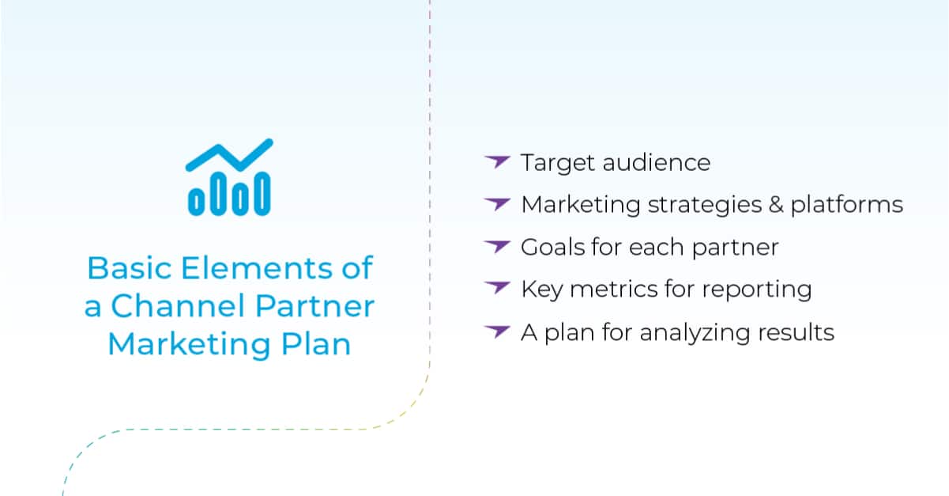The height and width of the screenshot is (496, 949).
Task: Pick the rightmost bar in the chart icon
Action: [x=263, y=194]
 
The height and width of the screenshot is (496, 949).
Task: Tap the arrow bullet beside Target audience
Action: [x=497, y=161]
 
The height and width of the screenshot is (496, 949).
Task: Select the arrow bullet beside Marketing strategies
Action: [x=497, y=204]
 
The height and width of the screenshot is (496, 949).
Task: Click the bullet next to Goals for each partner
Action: [x=497, y=246]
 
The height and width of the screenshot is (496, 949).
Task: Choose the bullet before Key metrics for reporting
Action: [x=497, y=288]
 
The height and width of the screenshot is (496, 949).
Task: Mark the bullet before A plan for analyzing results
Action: [x=497, y=331]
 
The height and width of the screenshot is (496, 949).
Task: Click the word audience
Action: [x=656, y=163]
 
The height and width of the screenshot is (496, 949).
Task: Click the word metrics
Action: [x=613, y=289]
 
